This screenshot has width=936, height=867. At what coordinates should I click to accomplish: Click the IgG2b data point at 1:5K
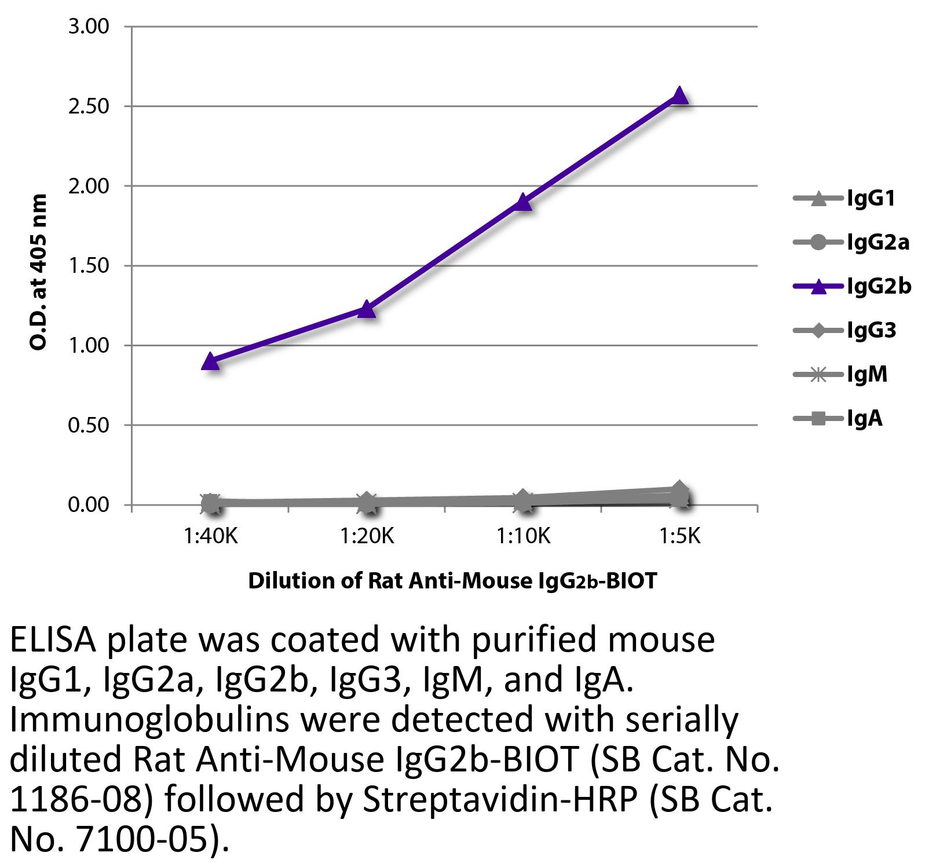click(679, 96)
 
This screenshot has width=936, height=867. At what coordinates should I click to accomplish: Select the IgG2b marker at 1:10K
click(523, 202)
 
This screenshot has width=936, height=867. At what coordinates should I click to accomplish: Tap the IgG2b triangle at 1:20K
click(367, 309)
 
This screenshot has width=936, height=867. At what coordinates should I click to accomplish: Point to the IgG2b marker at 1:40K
click(211, 361)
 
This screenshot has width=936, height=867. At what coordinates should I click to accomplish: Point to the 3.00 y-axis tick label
click(89, 27)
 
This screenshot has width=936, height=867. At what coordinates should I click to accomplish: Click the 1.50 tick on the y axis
click(89, 266)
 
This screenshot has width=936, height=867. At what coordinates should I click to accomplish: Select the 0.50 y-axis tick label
click(89, 426)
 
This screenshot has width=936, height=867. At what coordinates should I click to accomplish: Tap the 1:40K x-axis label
click(211, 537)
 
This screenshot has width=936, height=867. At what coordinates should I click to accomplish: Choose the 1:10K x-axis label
click(523, 537)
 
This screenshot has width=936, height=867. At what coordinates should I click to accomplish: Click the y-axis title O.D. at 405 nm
click(38, 272)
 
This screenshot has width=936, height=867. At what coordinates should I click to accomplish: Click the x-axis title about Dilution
click(452, 580)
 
